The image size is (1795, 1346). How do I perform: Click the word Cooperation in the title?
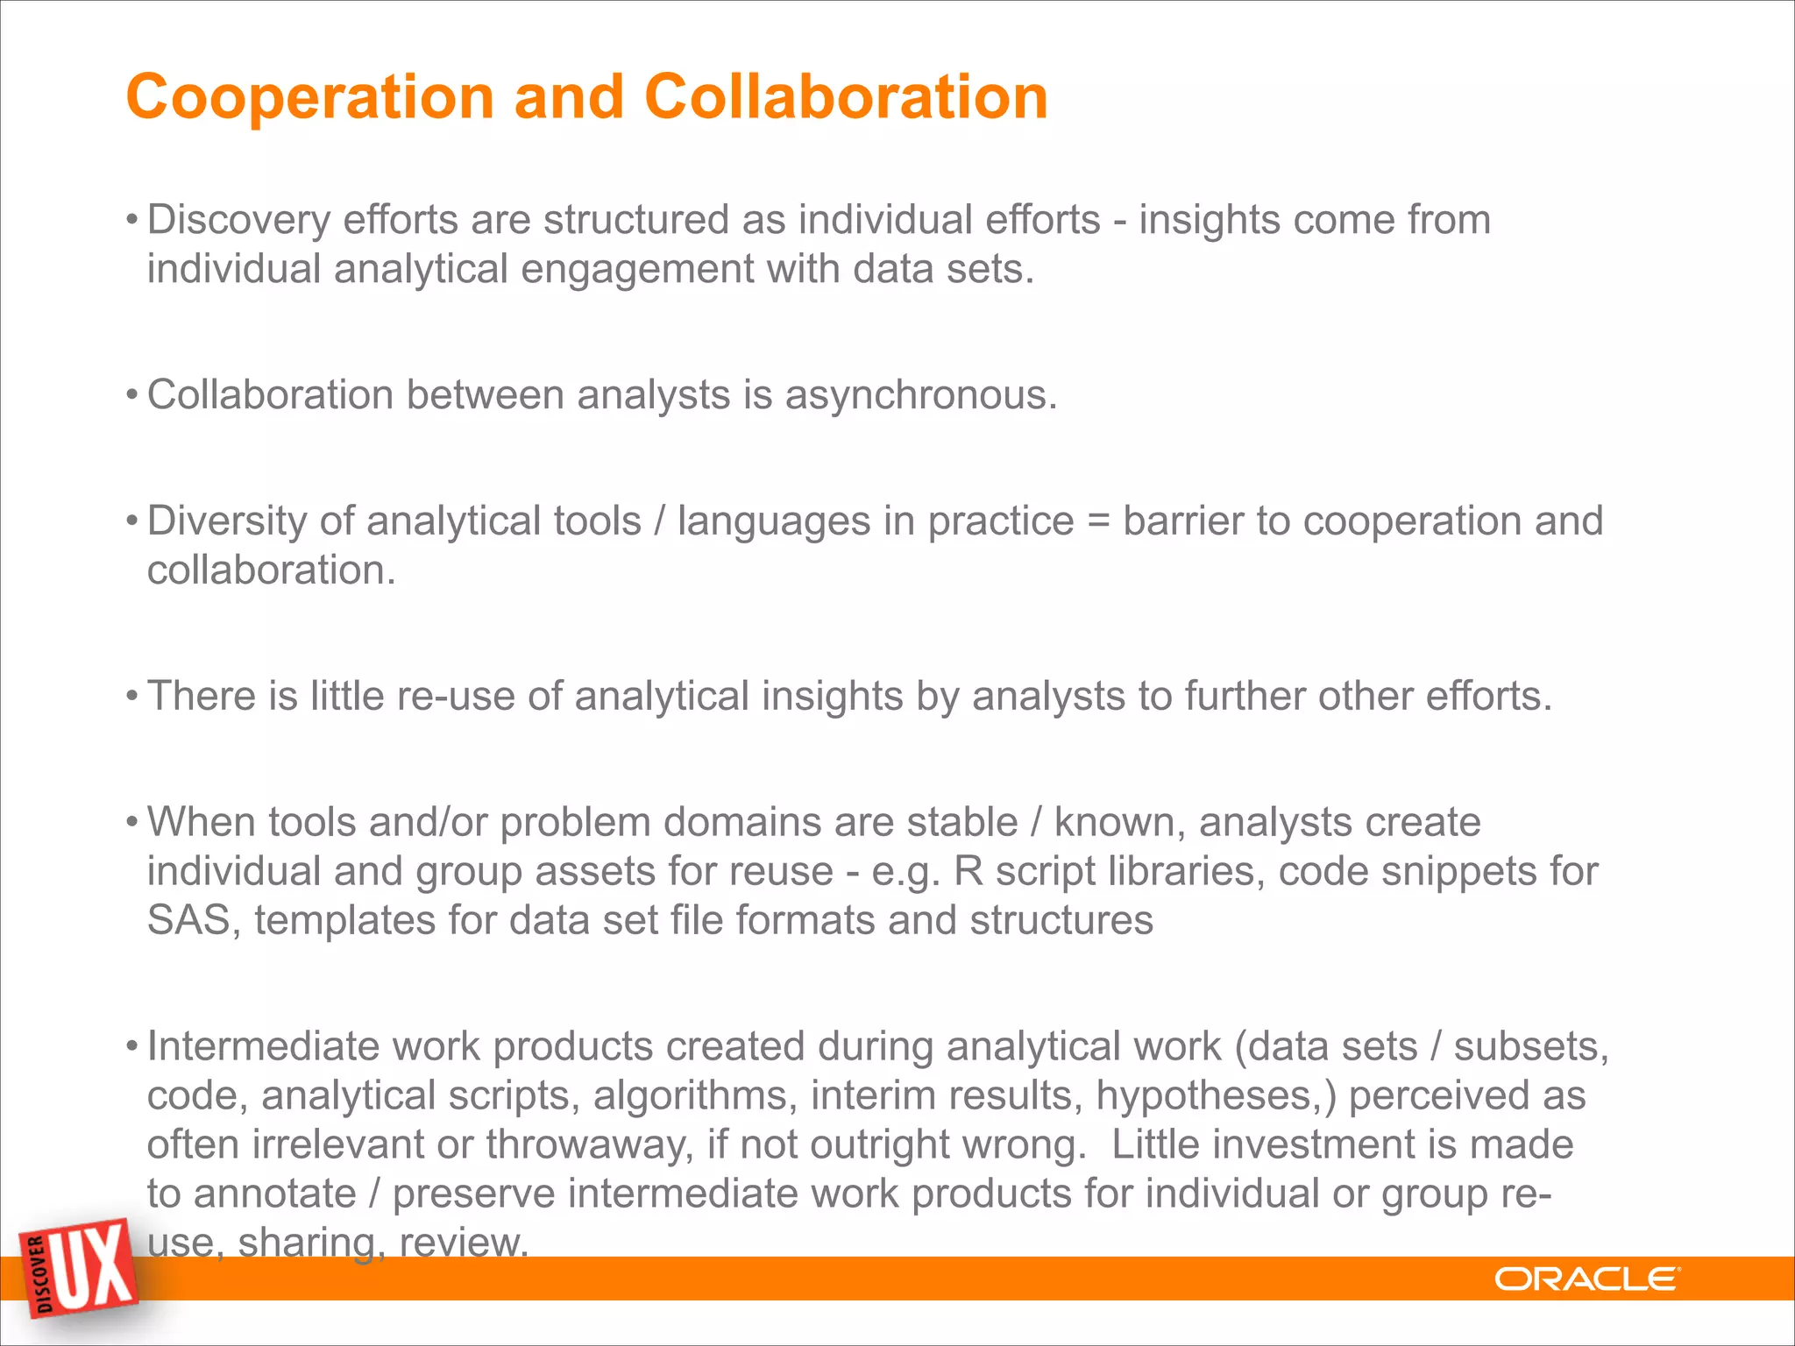pos(310,96)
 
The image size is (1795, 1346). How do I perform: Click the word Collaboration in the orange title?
pos(846,96)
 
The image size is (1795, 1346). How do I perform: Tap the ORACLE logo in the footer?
pos(1586,1279)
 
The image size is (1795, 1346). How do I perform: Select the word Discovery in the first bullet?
pos(238,220)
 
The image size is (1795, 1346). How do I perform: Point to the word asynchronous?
pos(920,395)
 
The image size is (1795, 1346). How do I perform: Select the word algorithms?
pos(695,1096)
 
